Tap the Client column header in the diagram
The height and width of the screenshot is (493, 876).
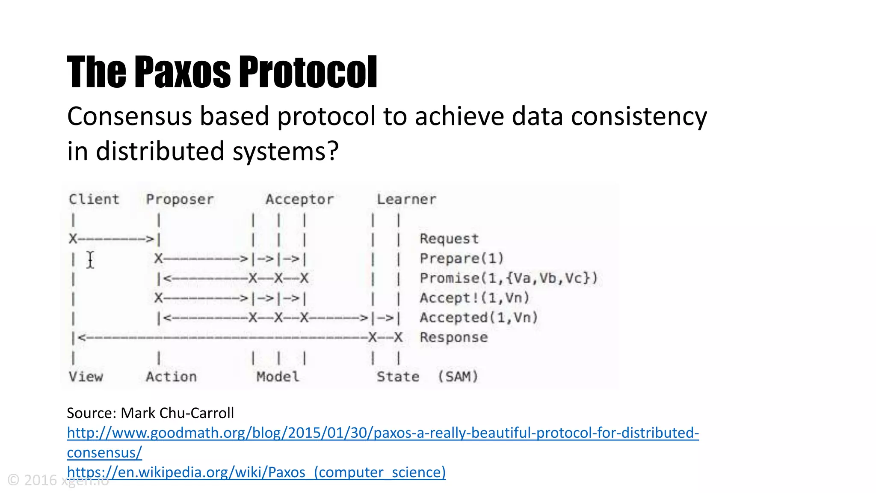94,199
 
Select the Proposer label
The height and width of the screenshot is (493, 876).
180,199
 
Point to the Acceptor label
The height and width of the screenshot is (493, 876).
299,199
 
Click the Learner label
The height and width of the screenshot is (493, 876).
406,199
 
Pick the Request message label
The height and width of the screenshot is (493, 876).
449,239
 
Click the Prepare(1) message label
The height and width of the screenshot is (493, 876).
462,258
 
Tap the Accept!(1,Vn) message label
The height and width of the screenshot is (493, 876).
474,298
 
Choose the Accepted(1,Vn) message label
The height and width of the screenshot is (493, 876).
479,318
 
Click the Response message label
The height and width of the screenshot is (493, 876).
453,337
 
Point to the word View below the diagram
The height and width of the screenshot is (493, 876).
86,377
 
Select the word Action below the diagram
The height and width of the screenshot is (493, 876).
171,377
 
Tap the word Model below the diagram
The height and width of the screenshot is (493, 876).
278,377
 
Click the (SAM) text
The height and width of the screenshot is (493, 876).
458,377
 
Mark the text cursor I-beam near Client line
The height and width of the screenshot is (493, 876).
90,260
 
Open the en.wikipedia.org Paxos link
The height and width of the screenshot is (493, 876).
256,472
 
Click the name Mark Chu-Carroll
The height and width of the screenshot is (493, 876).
177,413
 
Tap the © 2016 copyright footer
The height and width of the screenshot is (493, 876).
34,480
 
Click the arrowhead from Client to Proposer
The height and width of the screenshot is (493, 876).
150,239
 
